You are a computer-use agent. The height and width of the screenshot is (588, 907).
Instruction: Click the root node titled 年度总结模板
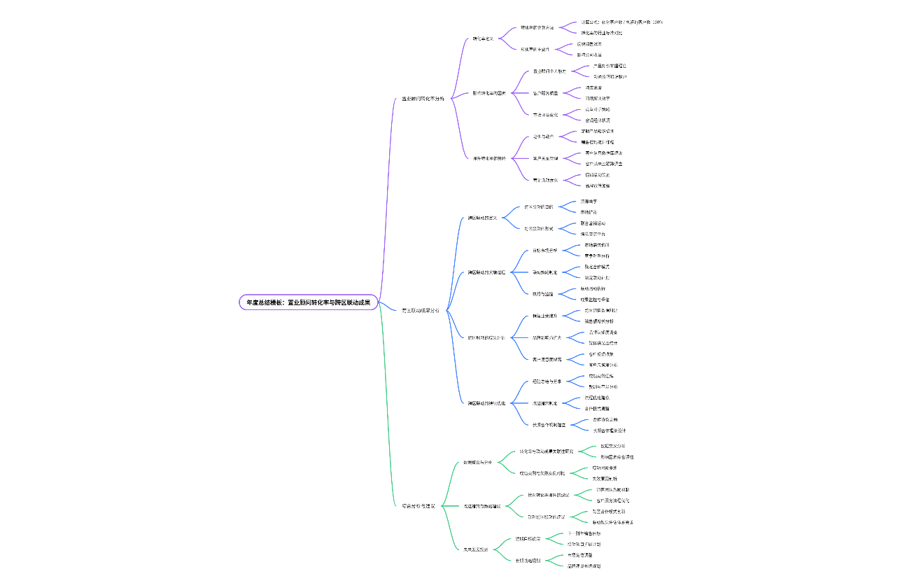(308, 302)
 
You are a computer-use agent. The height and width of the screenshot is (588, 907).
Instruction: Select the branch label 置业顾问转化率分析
(423, 99)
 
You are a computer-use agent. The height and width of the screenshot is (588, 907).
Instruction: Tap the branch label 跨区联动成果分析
(421, 309)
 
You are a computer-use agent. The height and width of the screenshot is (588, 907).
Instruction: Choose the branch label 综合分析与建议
(419, 505)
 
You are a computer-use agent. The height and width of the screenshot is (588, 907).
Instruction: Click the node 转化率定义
(483, 38)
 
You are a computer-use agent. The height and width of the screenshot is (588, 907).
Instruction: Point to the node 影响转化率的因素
(489, 93)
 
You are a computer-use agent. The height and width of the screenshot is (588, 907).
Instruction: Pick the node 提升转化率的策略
(489, 158)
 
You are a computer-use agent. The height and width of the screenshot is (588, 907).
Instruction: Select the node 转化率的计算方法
(537, 28)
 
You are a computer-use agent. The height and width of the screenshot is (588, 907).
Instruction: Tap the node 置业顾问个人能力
(549, 71)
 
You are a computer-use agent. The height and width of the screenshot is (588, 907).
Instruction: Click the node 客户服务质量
(546, 93)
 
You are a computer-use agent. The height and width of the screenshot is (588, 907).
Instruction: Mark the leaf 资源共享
(589, 201)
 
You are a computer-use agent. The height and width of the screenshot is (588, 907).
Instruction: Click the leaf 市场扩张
(589, 211)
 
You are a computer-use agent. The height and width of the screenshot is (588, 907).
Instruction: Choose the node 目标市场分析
(545, 250)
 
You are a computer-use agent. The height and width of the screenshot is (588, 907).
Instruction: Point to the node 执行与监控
(543, 293)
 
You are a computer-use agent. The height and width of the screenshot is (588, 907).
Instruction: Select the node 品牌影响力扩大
(547, 337)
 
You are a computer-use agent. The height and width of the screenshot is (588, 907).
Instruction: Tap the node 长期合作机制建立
(550, 424)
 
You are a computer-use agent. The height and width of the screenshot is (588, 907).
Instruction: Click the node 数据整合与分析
(478, 462)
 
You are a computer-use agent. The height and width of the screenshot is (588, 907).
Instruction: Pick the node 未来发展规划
(475, 549)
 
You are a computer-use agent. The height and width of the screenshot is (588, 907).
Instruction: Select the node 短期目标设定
(528, 538)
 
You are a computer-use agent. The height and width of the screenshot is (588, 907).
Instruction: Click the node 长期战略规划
(528, 560)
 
